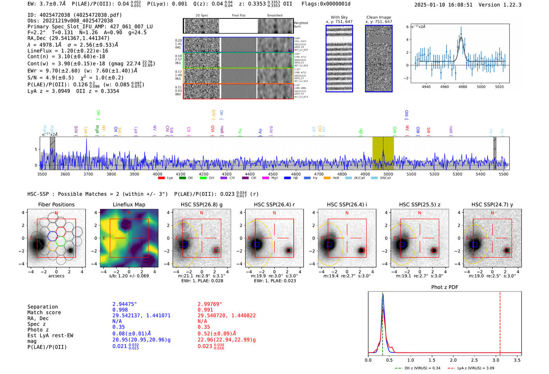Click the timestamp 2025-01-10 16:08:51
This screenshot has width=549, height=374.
pyautogui.click(x=444, y=5)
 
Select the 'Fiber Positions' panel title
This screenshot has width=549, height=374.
pyautogui.click(x=56, y=204)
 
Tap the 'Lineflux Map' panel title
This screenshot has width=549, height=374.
pyautogui.click(x=129, y=204)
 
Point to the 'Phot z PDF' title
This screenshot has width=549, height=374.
pyautogui.click(x=445, y=287)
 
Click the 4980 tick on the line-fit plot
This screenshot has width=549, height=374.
pyautogui.click(x=463, y=87)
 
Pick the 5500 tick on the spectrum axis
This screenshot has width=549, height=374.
pyautogui.click(x=504, y=174)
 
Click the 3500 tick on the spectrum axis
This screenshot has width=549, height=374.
pyautogui.click(x=42, y=174)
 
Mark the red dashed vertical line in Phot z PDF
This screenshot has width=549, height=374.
pyautogui.click(x=500, y=322)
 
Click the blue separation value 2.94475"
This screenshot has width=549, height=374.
pyautogui.click(x=124, y=304)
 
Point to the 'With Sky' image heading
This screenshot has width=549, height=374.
pyautogui.click(x=339, y=17)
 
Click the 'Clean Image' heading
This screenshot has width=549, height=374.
pyautogui.click(x=379, y=17)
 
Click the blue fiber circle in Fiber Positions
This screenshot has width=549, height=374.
pyautogui.click(x=53, y=236)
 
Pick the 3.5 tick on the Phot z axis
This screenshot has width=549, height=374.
pyautogui.click(x=517, y=360)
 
